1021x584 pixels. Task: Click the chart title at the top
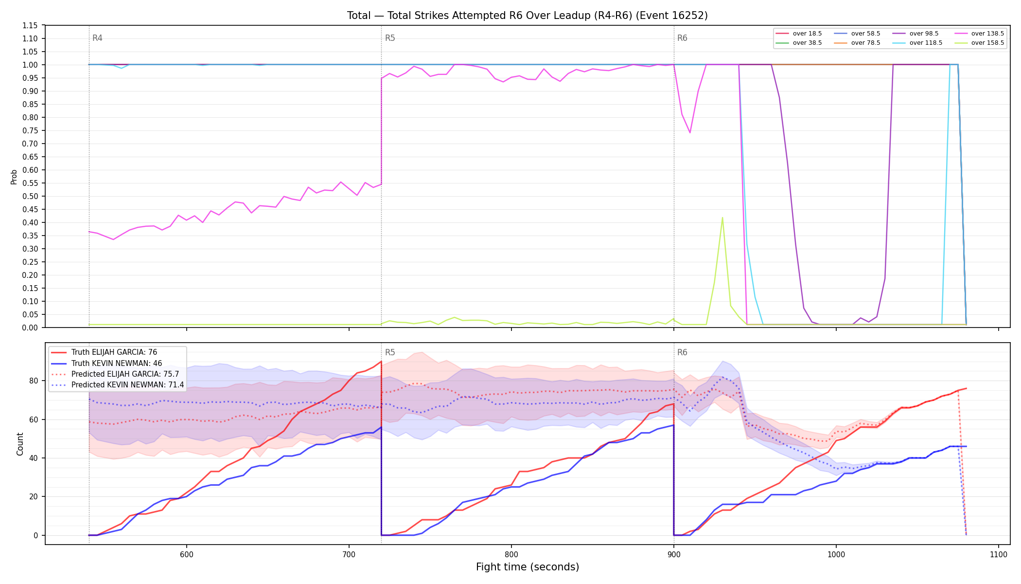click(x=527, y=16)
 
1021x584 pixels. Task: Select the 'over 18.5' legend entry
click(x=799, y=34)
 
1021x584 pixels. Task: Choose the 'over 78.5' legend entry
click(x=857, y=43)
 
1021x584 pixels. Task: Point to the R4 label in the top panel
click(x=97, y=38)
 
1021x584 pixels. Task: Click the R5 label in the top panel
click(x=390, y=38)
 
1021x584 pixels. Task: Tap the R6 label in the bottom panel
click(x=682, y=352)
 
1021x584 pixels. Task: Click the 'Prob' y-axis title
click(x=14, y=177)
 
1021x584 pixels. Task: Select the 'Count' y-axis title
click(x=20, y=444)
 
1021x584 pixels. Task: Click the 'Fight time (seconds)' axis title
click(x=528, y=567)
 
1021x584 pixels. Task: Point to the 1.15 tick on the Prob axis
click(x=30, y=25)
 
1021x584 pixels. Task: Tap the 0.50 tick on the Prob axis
click(x=30, y=196)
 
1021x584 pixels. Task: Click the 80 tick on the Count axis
click(x=34, y=381)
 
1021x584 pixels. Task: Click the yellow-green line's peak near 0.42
click(x=722, y=218)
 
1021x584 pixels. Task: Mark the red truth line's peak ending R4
click(x=381, y=362)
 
